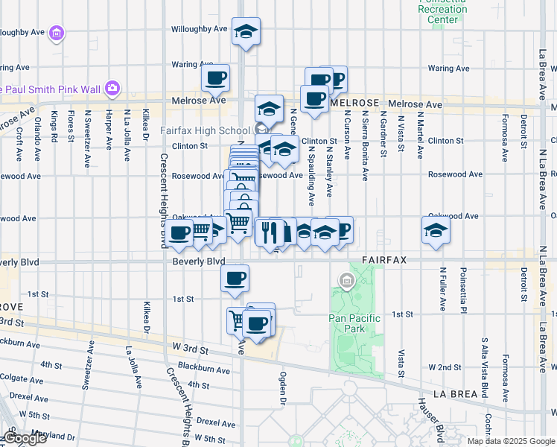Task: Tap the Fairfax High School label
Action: click(x=202, y=130)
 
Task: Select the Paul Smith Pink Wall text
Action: click(x=50, y=89)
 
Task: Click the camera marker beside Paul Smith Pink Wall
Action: click(x=112, y=89)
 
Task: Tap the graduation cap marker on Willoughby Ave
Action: click(x=246, y=32)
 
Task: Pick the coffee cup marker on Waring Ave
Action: click(x=215, y=77)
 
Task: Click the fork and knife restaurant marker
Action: click(x=269, y=231)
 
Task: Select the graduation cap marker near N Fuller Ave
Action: click(x=436, y=229)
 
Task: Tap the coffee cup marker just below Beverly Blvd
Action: click(x=235, y=279)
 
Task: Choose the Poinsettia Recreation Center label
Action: click(x=443, y=10)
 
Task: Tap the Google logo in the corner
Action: click(x=25, y=439)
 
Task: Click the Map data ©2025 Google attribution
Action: click(x=510, y=441)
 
